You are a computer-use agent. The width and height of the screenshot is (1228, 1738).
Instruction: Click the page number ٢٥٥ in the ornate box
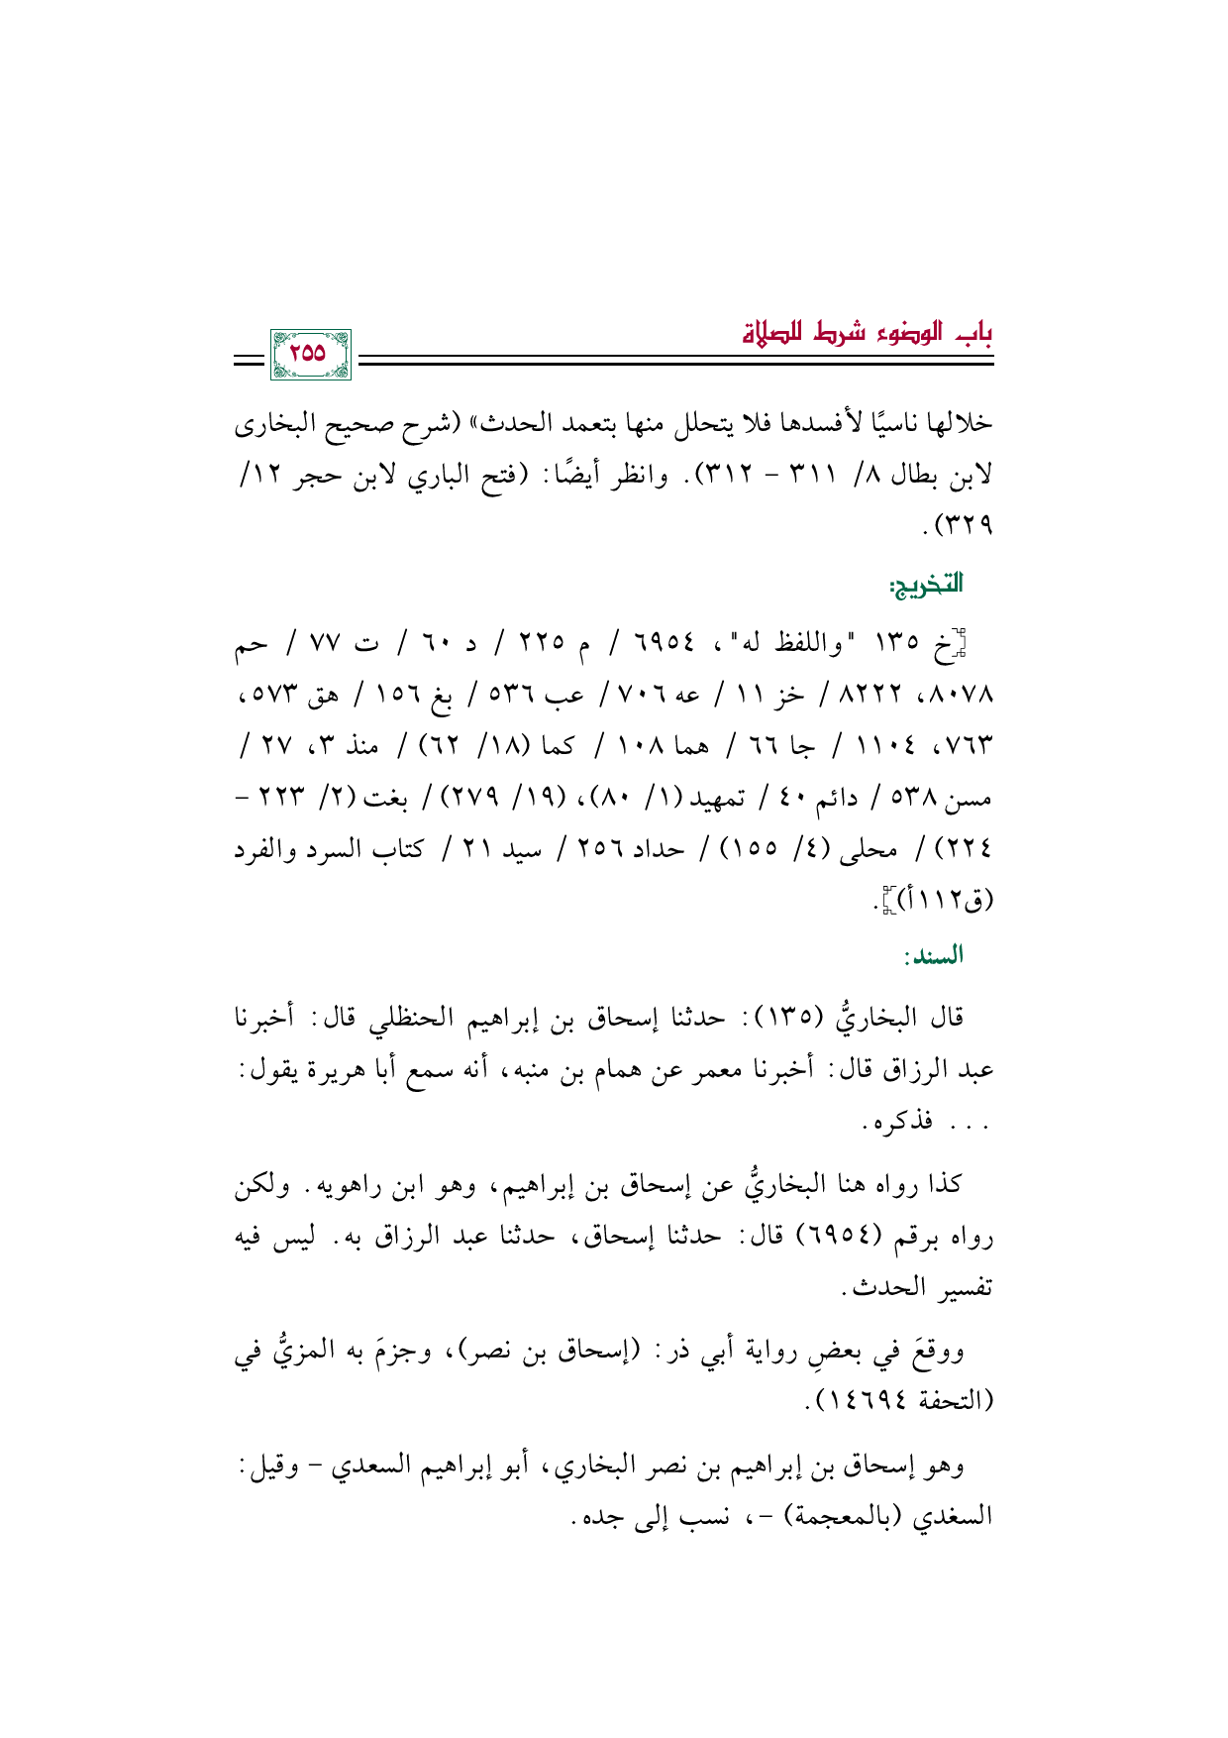pos(309,353)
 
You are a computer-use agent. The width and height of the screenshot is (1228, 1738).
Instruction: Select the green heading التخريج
pos(925,585)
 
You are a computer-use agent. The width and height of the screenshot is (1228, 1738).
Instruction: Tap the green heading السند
pos(933,956)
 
